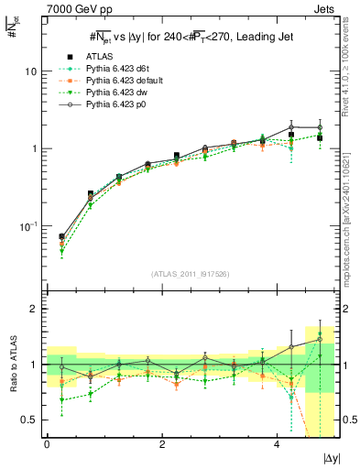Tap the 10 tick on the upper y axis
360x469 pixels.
point(31,71)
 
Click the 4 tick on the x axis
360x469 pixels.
point(277,443)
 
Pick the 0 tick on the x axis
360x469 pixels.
point(47,443)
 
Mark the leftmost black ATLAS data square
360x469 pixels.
point(61,236)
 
